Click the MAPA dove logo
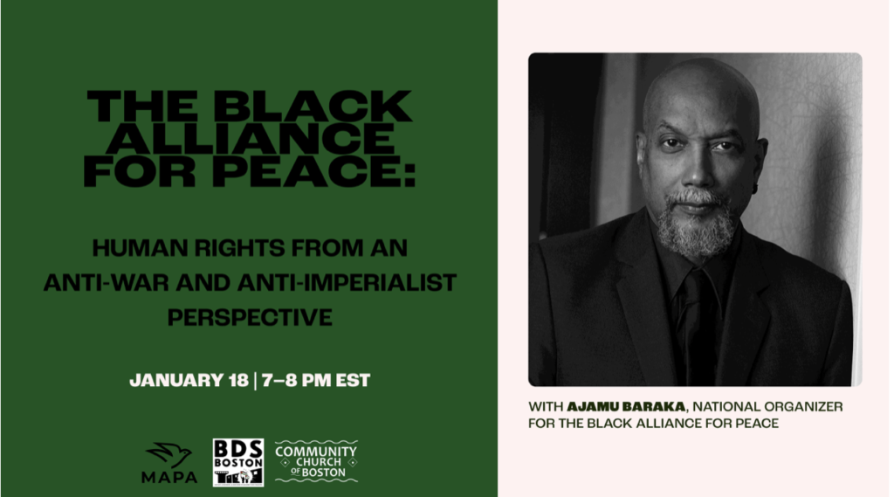point(170,462)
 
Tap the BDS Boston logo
point(238,462)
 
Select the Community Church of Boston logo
point(316,461)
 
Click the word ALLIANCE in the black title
point(250,139)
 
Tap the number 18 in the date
point(238,381)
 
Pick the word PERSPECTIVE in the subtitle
point(250,317)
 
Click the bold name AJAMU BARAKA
point(626,407)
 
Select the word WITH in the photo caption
point(545,407)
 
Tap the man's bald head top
point(700,79)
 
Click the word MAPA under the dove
point(170,477)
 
